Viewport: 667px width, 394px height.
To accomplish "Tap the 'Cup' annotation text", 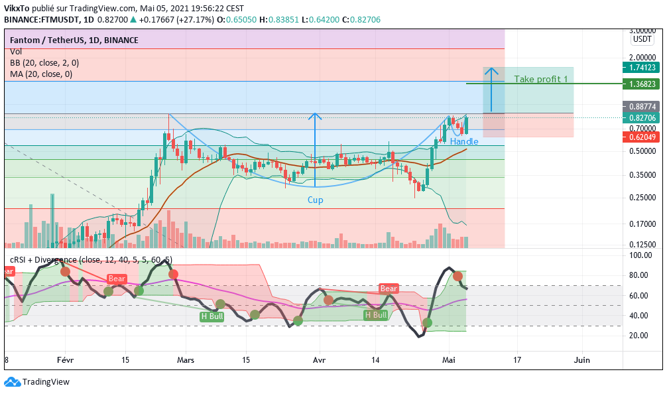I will click(x=315, y=200).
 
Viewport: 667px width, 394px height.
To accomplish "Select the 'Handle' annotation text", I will click(x=464, y=141).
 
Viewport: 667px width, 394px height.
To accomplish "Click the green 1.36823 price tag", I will click(x=640, y=84).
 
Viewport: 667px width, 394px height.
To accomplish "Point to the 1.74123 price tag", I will click(x=640, y=67).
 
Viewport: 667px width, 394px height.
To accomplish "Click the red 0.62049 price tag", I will click(x=640, y=137).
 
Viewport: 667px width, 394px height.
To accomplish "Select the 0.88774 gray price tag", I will click(x=640, y=106).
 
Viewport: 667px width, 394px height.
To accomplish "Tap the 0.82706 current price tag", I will click(x=640, y=118).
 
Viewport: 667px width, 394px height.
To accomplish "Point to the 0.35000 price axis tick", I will click(x=642, y=176).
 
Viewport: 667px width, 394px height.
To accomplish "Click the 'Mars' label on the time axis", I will click(x=186, y=360).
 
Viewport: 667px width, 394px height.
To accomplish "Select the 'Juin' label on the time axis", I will click(x=581, y=360).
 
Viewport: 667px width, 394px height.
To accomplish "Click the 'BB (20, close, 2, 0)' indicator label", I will click(x=44, y=63).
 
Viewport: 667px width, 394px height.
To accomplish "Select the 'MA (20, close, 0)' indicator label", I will click(x=41, y=74).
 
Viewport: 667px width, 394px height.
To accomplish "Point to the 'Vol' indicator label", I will click(x=16, y=52).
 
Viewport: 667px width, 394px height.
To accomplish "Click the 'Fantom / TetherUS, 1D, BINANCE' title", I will click(x=74, y=40).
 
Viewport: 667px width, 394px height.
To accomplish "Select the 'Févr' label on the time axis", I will click(x=65, y=360).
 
